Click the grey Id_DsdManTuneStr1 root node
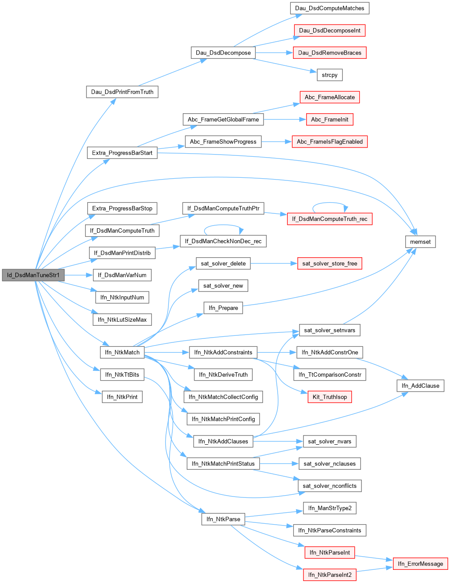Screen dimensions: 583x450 click(33, 275)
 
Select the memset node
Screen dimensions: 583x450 click(420, 242)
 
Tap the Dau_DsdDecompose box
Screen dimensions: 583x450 click(223, 53)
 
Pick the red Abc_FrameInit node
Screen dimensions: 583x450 click(329, 119)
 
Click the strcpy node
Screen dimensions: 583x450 click(329, 75)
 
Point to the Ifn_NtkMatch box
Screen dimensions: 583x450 click(122, 352)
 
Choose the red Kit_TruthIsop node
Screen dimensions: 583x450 click(329, 397)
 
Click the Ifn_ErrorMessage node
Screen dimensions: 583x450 click(420, 564)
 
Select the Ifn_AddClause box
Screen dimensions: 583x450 click(420, 386)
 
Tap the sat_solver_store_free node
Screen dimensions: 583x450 click(329, 263)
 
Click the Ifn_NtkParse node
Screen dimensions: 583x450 click(223, 519)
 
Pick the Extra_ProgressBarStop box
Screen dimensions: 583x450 click(122, 208)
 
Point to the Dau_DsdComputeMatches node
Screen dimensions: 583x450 click(329, 8)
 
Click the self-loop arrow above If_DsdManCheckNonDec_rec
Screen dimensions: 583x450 click(223, 226)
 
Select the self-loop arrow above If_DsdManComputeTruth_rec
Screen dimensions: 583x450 click(330, 203)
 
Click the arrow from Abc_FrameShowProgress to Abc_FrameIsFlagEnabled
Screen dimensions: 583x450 click(276, 142)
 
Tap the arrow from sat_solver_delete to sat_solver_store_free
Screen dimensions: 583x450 click(272, 263)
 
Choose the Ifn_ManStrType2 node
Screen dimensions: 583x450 click(329, 508)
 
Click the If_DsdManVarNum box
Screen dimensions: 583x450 click(122, 275)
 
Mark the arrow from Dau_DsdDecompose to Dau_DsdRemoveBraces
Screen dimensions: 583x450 click(274, 53)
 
